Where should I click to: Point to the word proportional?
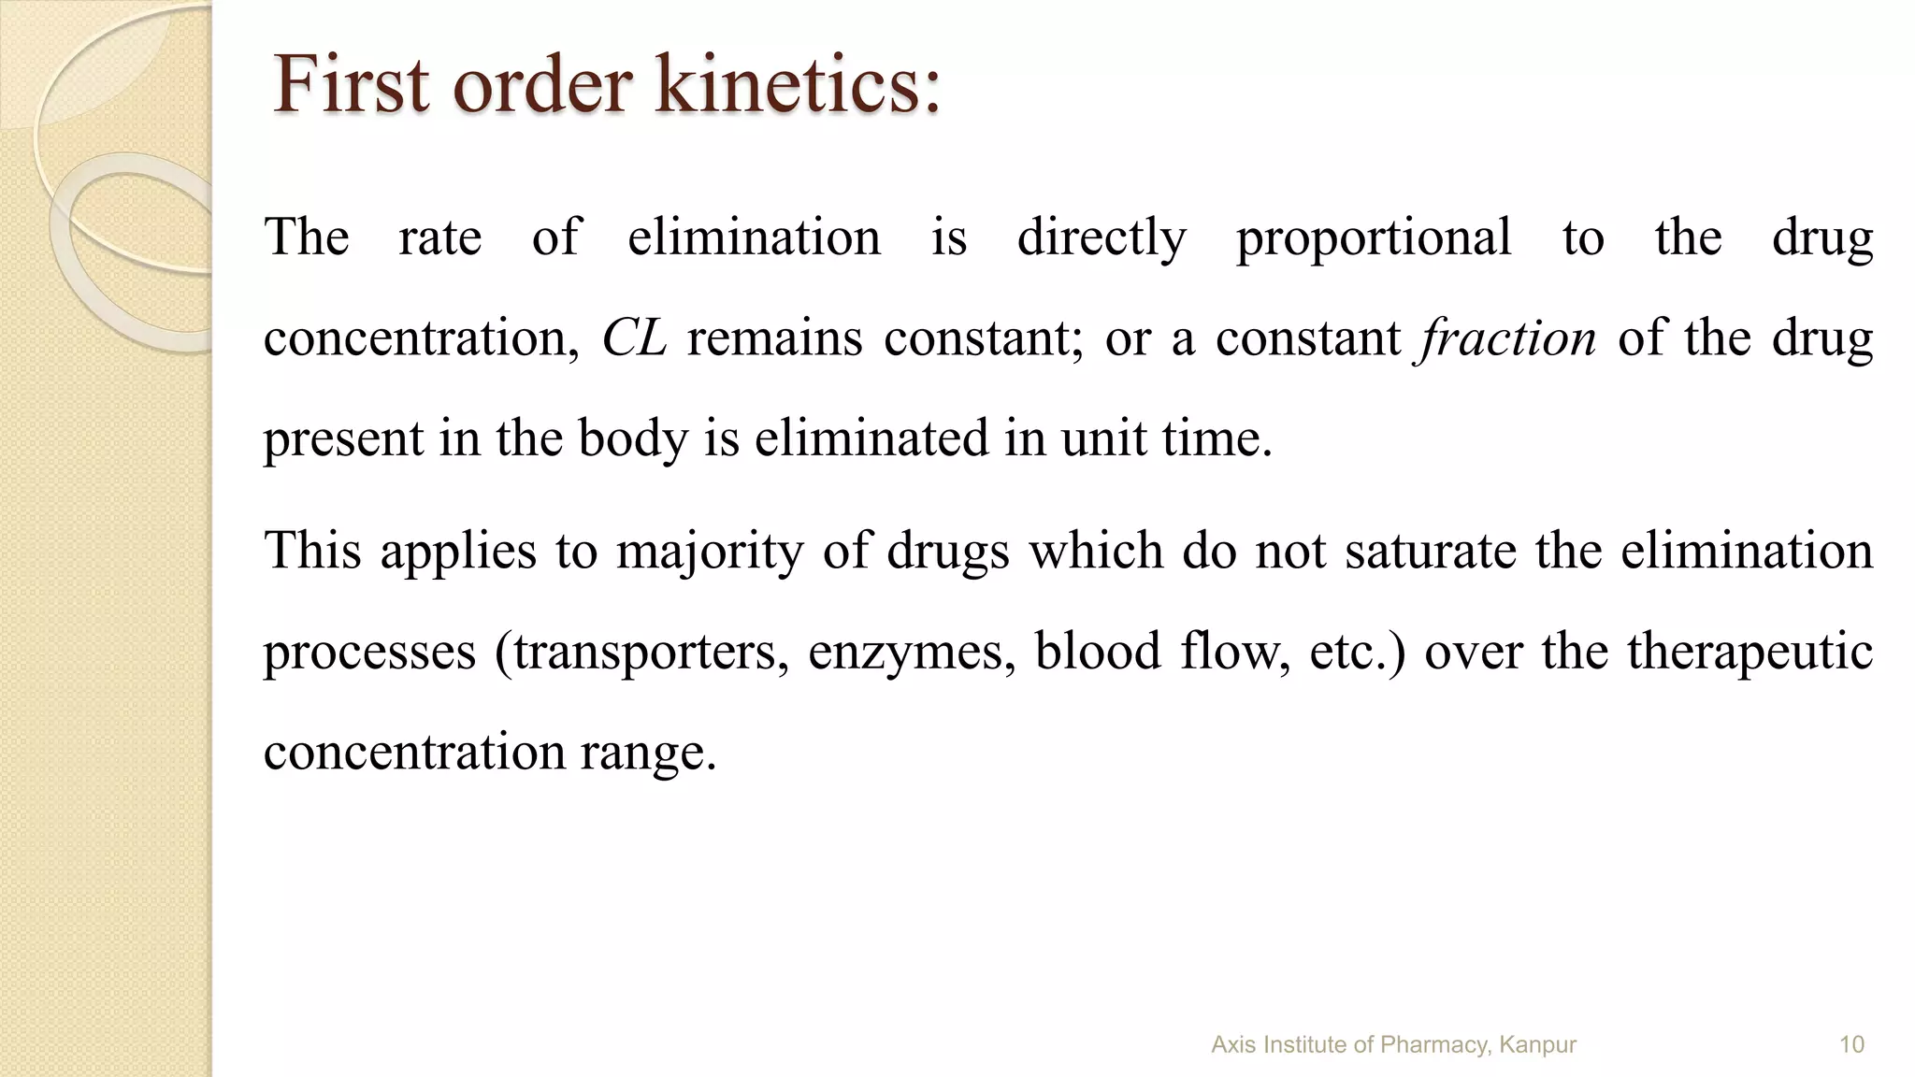tap(1374, 238)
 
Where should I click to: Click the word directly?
tap(1101, 238)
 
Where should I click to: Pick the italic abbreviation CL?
tap(634, 338)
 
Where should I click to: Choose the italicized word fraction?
tap(1507, 338)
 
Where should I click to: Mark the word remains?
tap(774, 338)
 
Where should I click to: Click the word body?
tap(633, 438)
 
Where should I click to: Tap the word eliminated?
tap(871, 438)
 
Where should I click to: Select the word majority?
tap(710, 551)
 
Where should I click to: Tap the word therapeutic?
tap(1749, 652)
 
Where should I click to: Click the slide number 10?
tap(1851, 1045)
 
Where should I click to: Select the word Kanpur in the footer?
tap(1537, 1045)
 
